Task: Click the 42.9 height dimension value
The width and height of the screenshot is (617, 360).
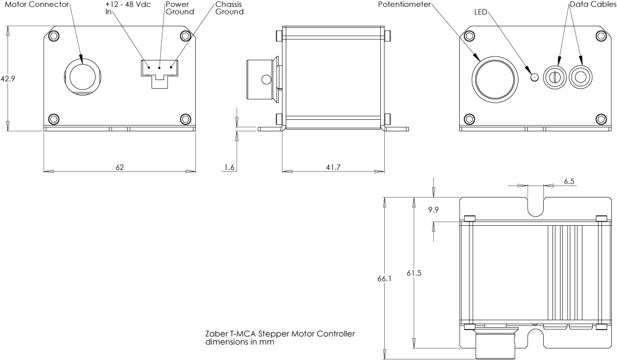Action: [8, 79]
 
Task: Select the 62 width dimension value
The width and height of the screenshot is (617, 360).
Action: [120, 168]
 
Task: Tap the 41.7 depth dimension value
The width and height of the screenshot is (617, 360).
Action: [333, 168]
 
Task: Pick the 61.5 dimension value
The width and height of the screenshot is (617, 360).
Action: [414, 273]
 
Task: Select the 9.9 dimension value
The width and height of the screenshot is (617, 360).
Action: [433, 211]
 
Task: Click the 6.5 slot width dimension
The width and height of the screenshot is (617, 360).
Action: [569, 181]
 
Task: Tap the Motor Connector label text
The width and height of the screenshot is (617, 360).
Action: [36, 4]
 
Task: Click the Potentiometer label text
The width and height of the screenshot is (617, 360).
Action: [404, 4]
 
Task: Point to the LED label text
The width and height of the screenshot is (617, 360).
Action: [480, 12]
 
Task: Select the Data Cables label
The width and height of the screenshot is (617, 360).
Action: [593, 4]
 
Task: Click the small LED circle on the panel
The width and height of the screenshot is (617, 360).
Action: [533, 76]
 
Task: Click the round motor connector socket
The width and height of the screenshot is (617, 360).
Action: [82, 75]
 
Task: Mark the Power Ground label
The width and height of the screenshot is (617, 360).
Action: [179, 7]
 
